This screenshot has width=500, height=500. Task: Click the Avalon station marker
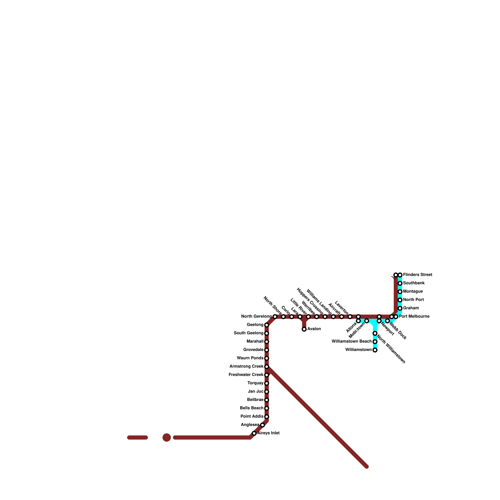tap(304, 329)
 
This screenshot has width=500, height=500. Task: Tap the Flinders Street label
tap(417, 275)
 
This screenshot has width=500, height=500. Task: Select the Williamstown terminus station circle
tap(375, 350)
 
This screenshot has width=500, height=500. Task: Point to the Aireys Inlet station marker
tap(254, 433)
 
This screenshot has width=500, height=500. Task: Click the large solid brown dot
tap(167, 437)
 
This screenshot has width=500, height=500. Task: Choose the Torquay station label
tap(255, 383)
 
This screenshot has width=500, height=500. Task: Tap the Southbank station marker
tap(400, 283)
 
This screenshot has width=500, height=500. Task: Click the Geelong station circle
tap(267, 325)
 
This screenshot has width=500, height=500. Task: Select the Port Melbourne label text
tap(414, 317)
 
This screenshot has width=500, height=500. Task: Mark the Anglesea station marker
tap(262, 425)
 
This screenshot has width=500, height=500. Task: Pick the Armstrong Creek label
tap(246, 367)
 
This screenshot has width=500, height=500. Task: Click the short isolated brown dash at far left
tap(137, 437)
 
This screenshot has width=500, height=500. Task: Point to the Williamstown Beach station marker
tap(375, 342)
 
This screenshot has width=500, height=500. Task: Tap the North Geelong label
tap(256, 317)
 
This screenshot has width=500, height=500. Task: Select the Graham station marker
tap(400, 308)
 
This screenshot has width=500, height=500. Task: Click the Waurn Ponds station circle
tap(267, 358)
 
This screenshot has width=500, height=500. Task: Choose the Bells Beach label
tap(252, 408)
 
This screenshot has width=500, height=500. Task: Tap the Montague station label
tap(412, 292)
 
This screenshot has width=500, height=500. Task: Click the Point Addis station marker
tap(267, 417)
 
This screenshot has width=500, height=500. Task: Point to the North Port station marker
tap(400, 300)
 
